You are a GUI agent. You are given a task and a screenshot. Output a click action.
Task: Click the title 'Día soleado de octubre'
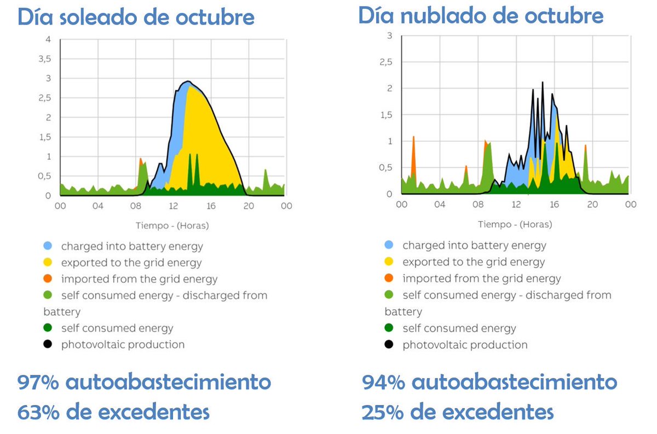coord(136,18)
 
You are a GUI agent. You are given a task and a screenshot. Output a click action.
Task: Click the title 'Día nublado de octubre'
coord(481,15)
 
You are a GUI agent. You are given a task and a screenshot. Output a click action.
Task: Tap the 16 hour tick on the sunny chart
coord(211,206)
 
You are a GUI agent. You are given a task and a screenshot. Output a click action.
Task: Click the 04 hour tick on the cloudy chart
coord(440,204)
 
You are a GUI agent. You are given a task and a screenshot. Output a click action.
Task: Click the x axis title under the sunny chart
coord(172,225)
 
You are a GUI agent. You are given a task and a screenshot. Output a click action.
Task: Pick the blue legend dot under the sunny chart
coord(48,246)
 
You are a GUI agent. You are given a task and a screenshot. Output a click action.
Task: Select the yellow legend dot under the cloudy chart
coord(390,262)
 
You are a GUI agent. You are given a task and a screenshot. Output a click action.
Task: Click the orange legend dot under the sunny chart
coord(48,279)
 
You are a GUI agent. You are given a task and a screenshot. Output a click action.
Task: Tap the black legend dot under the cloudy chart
coord(390,345)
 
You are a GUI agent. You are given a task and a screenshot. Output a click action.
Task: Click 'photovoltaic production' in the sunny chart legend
coord(123,345)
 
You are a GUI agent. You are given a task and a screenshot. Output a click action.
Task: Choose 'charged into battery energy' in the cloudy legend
coord(474,246)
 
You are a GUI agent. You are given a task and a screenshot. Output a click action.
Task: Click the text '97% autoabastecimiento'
coord(144,382)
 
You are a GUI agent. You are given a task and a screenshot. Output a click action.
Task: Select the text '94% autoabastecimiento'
coord(489,382)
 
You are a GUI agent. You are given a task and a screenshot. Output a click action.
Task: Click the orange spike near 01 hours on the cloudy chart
coord(413,156)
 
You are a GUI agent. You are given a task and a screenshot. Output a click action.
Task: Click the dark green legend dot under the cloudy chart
coord(390,328)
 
